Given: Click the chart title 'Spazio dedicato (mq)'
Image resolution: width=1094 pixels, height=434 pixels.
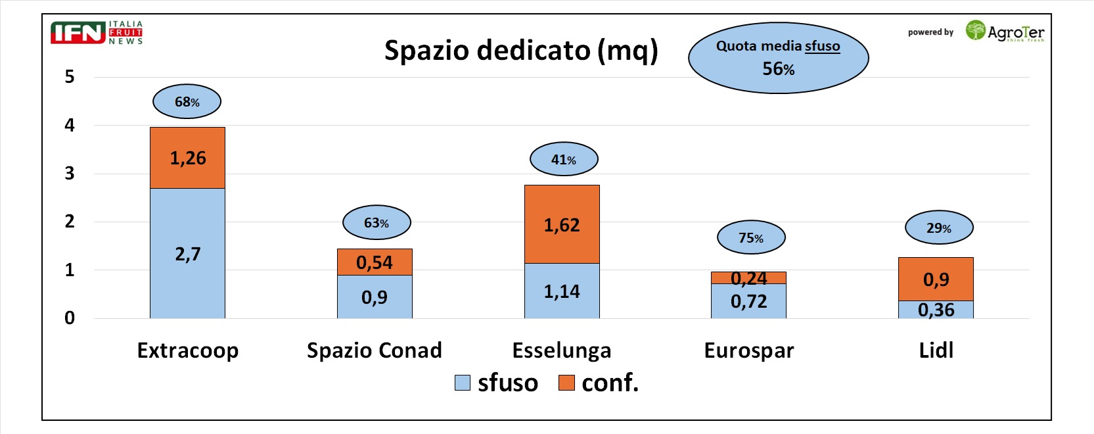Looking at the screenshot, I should tap(520, 51).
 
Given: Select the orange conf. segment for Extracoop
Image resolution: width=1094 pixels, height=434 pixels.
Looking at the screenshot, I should tap(187, 158).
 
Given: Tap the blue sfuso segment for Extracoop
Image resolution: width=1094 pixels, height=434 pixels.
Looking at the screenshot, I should tap(187, 253).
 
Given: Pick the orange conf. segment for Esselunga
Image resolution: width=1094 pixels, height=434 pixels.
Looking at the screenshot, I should tap(562, 224).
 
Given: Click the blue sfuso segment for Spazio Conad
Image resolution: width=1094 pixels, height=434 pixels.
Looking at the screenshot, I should tap(375, 297).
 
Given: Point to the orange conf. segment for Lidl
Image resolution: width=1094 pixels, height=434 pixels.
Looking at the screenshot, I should tap(936, 279).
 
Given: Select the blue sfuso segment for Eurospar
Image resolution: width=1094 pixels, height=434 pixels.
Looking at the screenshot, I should tap(748, 302).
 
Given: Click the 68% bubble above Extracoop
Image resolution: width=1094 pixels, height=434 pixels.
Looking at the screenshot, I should tap(187, 101).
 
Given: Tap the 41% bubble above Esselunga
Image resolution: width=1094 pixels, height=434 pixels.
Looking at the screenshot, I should tap(564, 159).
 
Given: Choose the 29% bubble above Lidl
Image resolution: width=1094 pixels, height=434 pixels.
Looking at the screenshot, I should tap(939, 228).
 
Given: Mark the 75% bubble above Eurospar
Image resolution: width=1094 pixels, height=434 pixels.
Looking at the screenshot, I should tap(751, 237).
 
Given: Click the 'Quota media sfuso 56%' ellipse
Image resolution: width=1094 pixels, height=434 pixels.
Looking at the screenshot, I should tap(778, 58).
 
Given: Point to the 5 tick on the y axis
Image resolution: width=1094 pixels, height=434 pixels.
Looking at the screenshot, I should tap(70, 77).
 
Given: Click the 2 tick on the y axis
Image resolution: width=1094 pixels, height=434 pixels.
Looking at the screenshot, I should tap(70, 222).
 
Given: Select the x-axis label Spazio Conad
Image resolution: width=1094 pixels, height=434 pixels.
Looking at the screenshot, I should tap(375, 350).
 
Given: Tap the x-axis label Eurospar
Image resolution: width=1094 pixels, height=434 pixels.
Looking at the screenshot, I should tap(749, 350).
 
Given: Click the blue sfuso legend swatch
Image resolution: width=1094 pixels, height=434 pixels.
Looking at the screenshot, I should tap(463, 383).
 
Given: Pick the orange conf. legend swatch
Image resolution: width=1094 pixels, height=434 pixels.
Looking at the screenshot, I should tap(566, 383).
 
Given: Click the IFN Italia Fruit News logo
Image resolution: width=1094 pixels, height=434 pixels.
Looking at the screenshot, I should tap(97, 32).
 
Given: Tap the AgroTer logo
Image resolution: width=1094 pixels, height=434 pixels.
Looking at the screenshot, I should tap(1005, 32).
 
